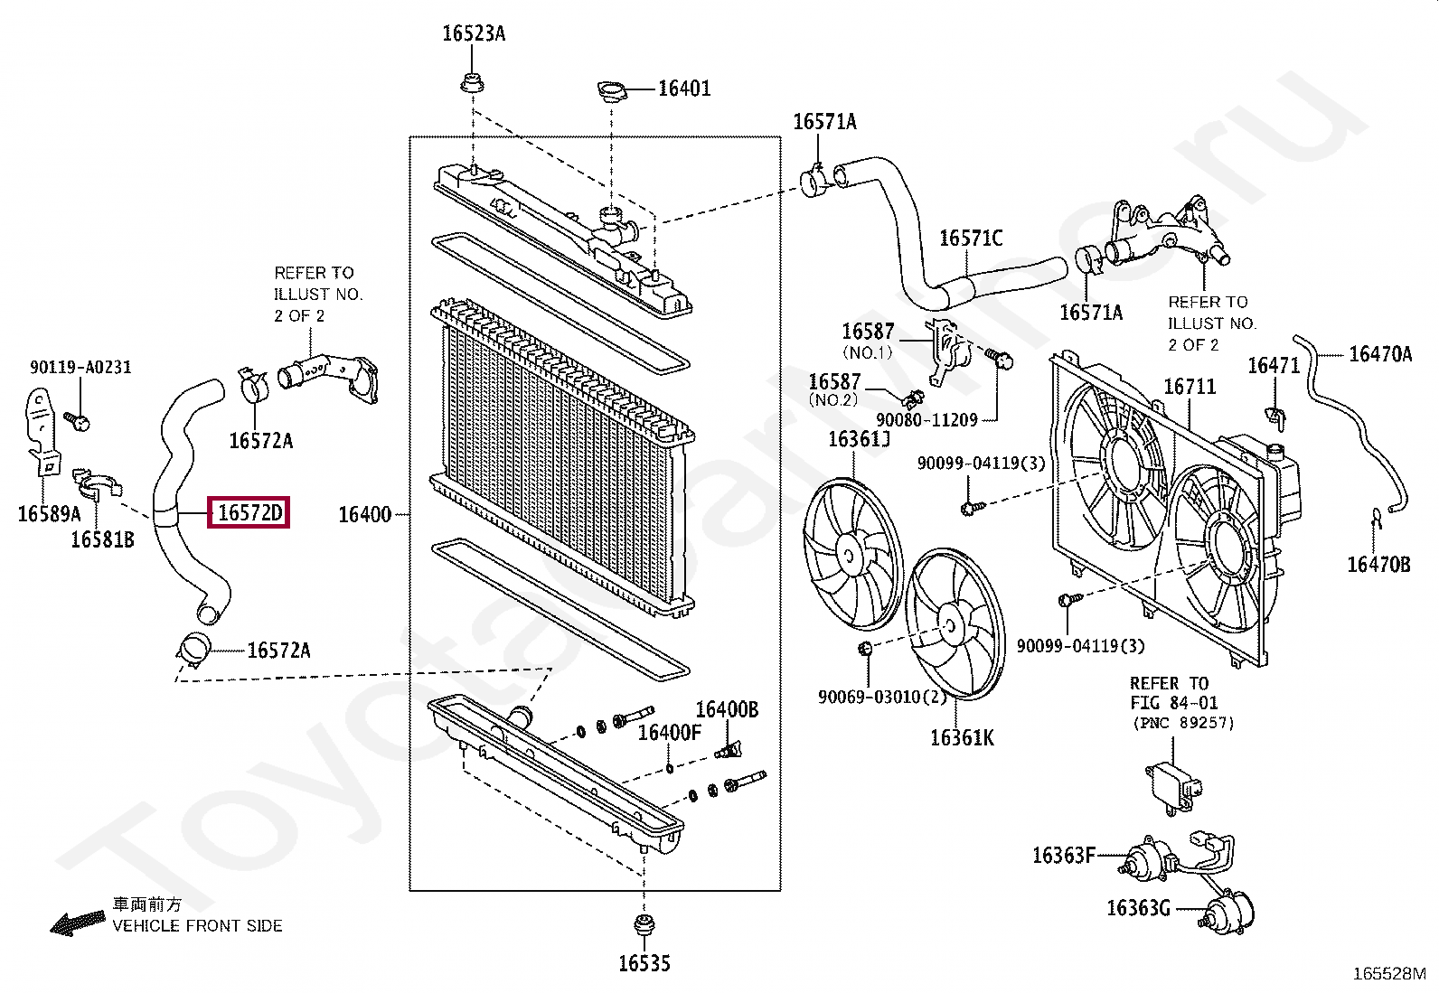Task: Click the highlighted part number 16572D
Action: [249, 513]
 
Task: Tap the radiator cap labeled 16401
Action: [611, 90]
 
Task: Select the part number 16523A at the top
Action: [474, 34]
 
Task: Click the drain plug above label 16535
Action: [644, 926]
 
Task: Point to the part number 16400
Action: [364, 515]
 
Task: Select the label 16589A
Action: [49, 514]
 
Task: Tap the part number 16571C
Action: [971, 239]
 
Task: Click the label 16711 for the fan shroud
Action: [1190, 387]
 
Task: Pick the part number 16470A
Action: [1379, 354]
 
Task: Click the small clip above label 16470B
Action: [1377, 517]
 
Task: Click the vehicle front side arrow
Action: [78, 923]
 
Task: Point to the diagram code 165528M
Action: [1389, 974]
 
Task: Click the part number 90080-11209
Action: [926, 420]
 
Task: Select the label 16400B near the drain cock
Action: [727, 710]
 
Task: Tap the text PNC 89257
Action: [1182, 723]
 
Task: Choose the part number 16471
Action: [1274, 366]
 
